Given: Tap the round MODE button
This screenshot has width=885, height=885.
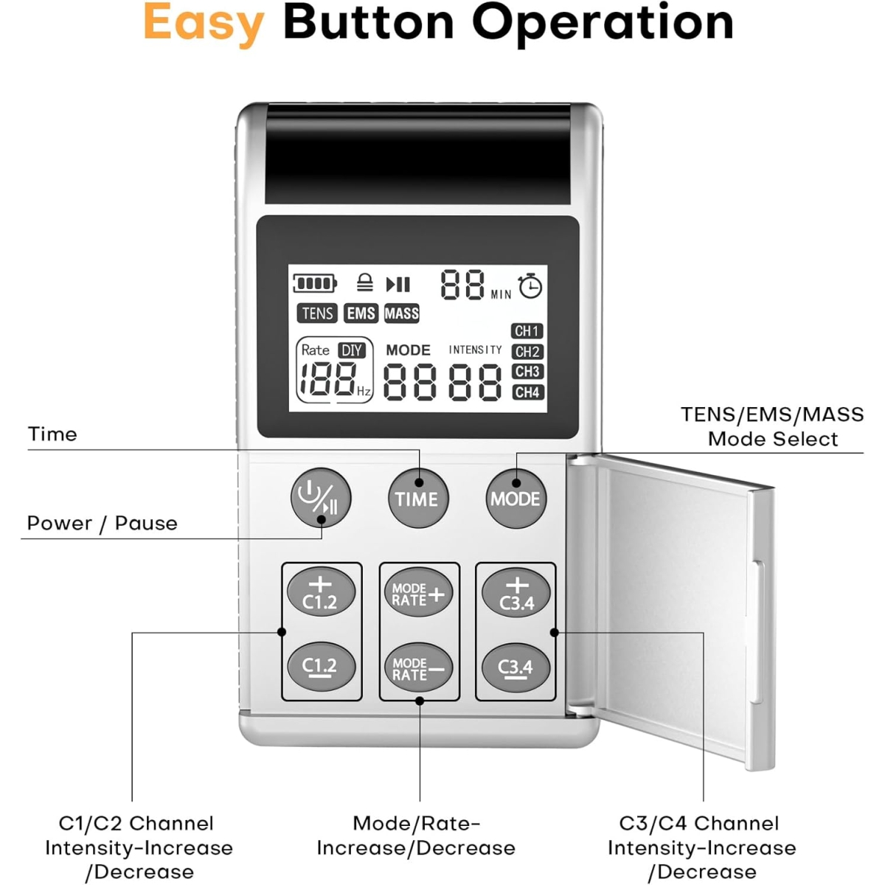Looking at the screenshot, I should click(515, 499).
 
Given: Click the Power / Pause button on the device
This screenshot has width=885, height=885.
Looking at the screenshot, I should click(320, 498).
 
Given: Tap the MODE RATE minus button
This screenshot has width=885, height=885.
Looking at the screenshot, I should click(418, 668).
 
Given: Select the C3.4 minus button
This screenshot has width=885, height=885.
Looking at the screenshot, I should click(516, 668).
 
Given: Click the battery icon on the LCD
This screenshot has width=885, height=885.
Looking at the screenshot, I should click(314, 283).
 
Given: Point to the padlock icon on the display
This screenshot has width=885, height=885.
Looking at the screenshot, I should click(364, 282).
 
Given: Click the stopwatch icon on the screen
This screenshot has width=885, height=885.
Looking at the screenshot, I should click(530, 285).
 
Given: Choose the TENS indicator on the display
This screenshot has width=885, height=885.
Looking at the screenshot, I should click(317, 313).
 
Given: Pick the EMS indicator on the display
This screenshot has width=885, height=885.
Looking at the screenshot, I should click(361, 313).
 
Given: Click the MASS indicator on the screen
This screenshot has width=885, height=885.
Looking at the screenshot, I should click(402, 313).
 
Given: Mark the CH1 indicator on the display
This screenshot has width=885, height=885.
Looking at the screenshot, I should click(527, 331).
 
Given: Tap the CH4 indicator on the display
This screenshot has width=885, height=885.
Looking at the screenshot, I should click(527, 392).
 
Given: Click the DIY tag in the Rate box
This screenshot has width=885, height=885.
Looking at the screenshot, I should click(352, 350).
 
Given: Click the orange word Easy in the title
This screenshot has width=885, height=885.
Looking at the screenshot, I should click(204, 24).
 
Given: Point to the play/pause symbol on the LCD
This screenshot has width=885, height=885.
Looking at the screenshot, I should click(398, 284).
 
